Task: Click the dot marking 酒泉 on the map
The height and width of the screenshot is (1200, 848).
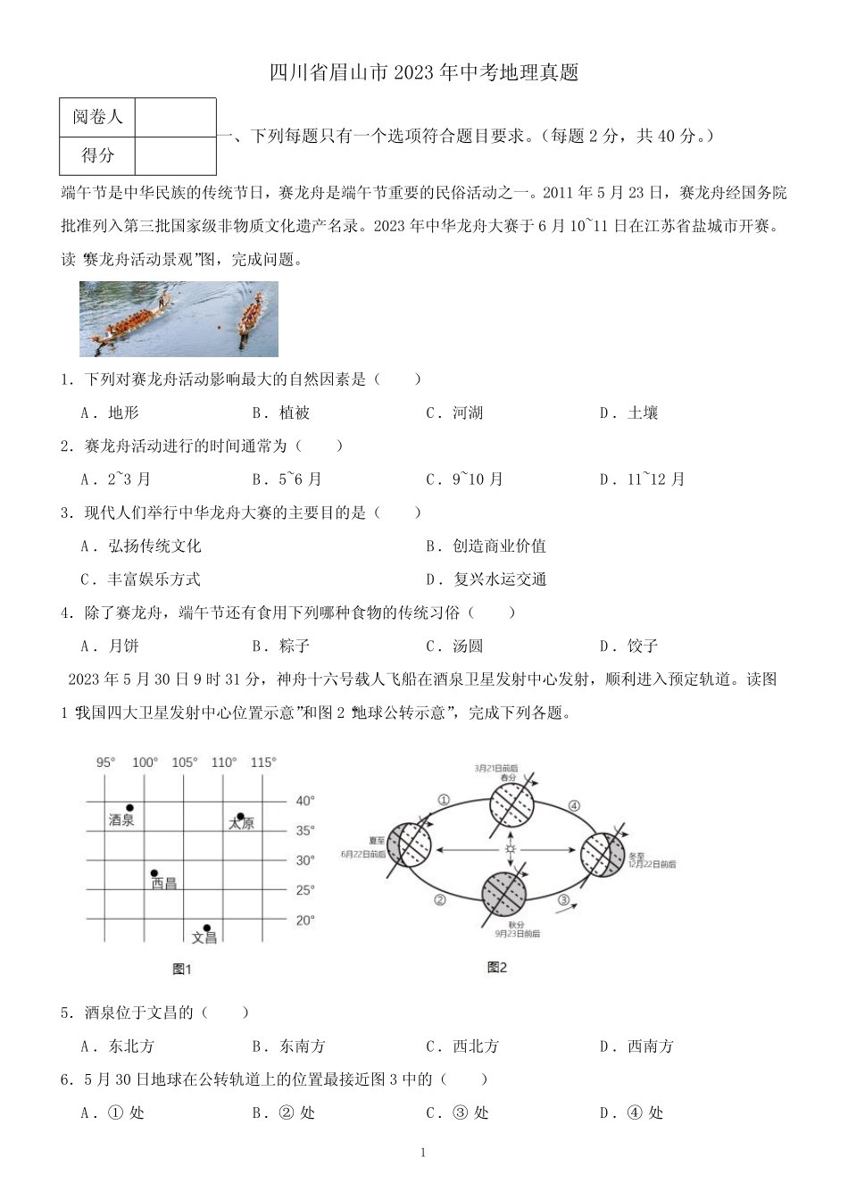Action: (x=130, y=807)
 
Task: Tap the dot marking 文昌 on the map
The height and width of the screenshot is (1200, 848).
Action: (x=206, y=928)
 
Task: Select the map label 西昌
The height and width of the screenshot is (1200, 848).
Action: (x=163, y=884)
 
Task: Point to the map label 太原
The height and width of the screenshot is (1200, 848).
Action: (x=241, y=823)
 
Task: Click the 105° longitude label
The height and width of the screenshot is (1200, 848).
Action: (x=185, y=762)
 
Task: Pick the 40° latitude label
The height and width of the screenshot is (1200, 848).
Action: (x=305, y=801)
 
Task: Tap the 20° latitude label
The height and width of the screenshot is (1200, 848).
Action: (x=305, y=920)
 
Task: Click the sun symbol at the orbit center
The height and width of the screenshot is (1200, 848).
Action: (x=511, y=848)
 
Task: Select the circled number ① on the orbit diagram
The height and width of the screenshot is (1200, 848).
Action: (x=444, y=799)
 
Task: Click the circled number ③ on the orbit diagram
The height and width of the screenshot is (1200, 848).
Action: (x=563, y=900)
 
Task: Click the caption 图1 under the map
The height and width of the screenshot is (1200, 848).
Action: (x=182, y=969)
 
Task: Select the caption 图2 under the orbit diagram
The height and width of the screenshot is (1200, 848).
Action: (x=497, y=967)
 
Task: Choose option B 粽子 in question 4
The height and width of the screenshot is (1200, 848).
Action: (x=281, y=646)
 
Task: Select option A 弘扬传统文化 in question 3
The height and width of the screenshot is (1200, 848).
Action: (x=141, y=546)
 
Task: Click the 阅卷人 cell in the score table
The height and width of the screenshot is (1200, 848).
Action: (x=98, y=117)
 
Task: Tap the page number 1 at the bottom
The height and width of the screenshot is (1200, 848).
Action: (x=423, y=1153)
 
